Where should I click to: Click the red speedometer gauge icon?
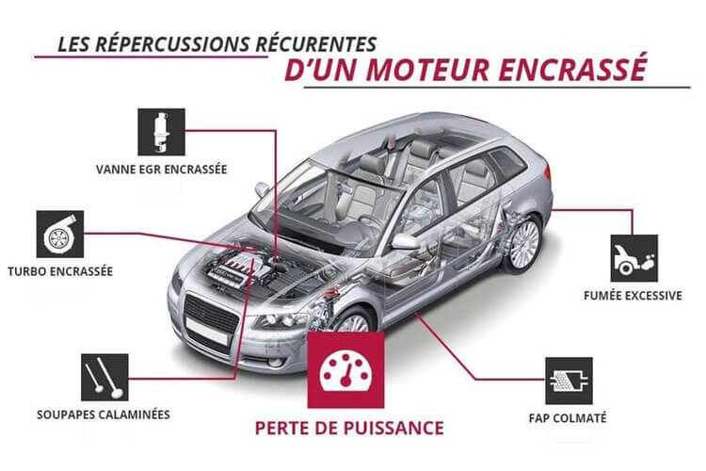tap(344, 368)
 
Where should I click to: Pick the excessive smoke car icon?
tap(634, 258)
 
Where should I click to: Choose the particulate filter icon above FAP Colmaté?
tap(569, 380)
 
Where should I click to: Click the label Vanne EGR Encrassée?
tap(161, 171)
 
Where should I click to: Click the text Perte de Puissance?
tap(349, 426)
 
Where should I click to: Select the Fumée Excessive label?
tap(633, 296)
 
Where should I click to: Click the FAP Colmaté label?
tap(568, 416)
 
